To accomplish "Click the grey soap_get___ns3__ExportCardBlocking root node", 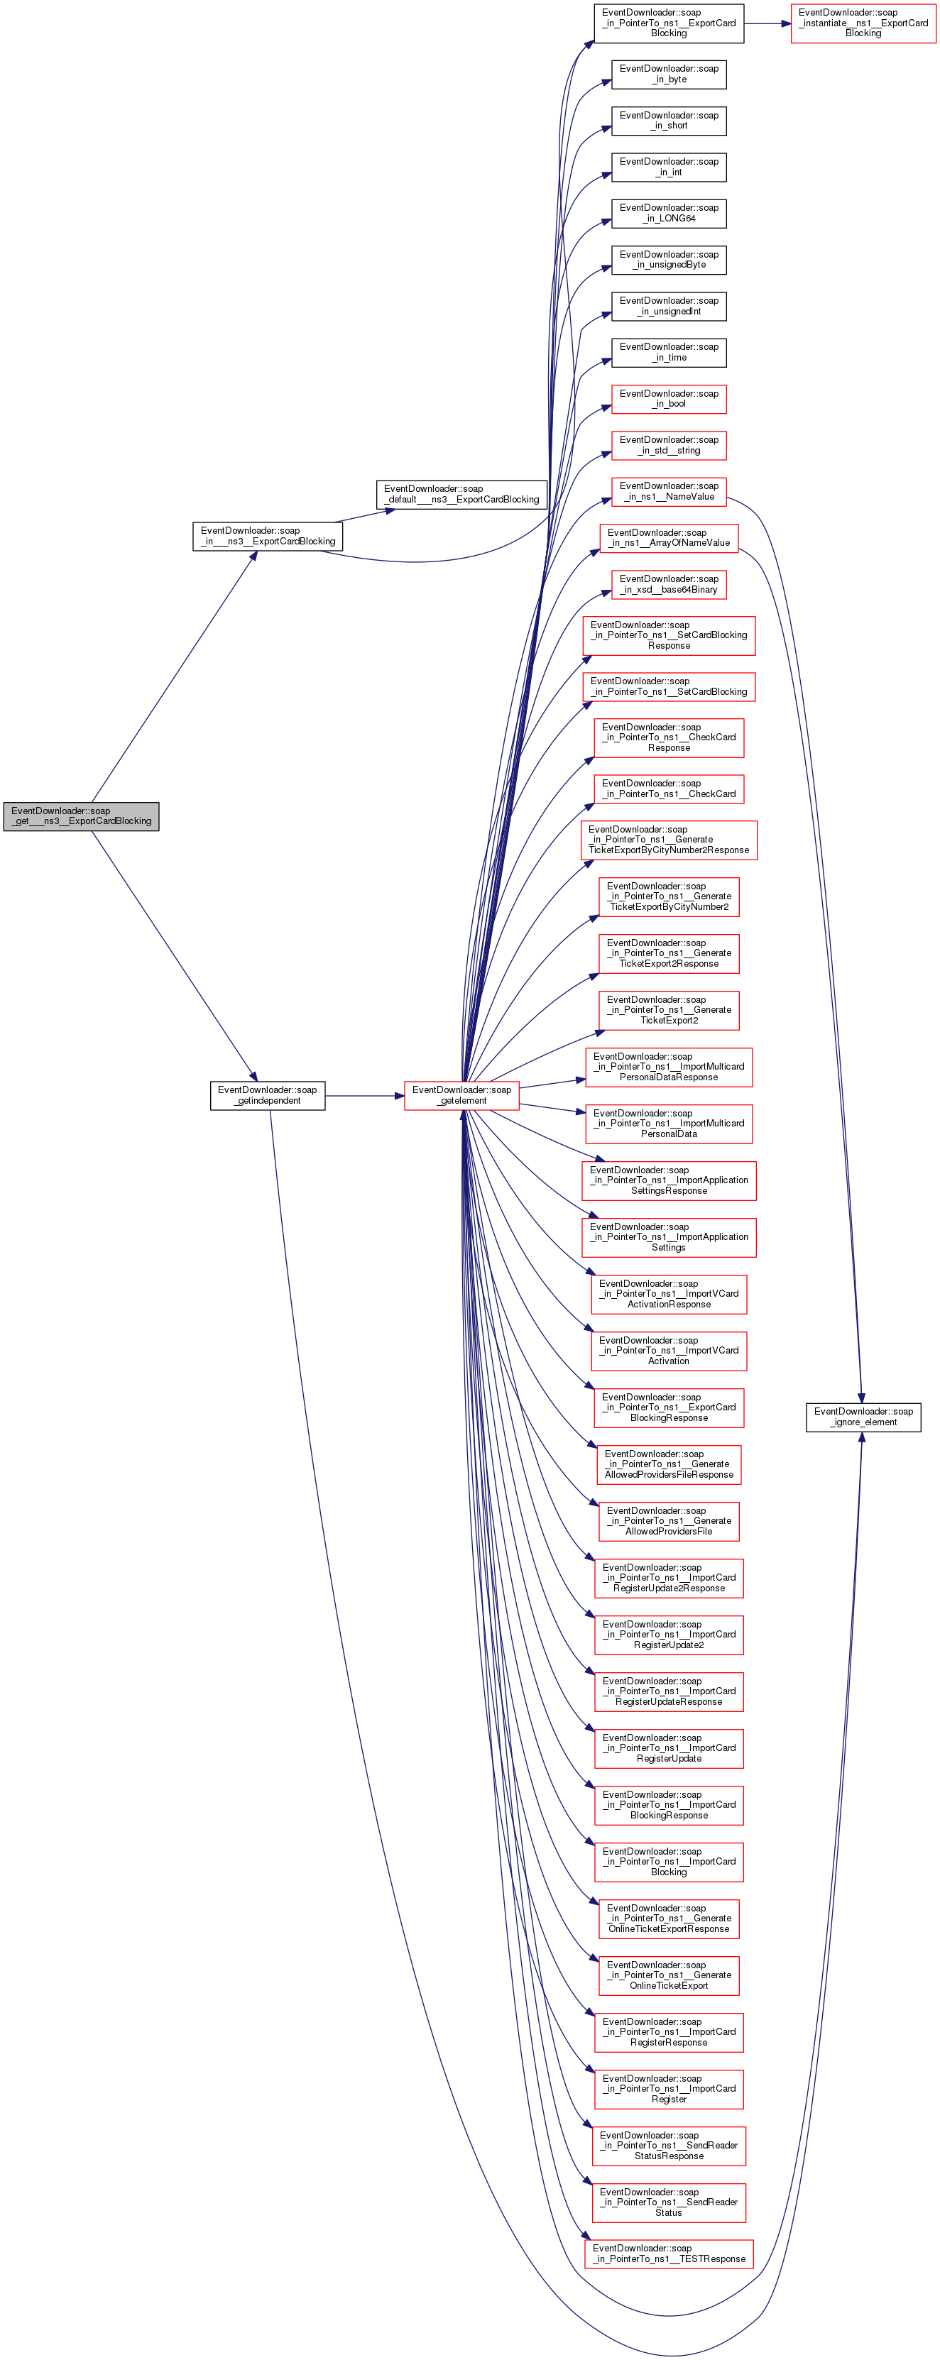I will point(81,816).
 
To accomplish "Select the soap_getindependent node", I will point(267,1096).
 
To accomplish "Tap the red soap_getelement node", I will point(461,1096).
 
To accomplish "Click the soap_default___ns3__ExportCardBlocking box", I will point(461,495).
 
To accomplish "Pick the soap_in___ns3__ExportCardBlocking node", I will point(268,536).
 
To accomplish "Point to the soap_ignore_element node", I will point(863,1417).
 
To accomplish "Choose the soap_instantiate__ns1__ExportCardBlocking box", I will point(863,23).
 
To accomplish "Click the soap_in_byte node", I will point(669,75).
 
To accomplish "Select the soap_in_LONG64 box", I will point(669,214).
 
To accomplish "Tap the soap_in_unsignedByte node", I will point(669,260).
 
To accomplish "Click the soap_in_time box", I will point(669,353).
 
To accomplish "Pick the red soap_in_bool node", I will point(669,400).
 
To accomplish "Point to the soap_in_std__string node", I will point(669,445).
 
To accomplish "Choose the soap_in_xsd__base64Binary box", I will point(669,585).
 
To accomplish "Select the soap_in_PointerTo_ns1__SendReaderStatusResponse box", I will point(669,2146).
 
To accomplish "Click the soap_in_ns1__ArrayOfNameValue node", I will point(669,538).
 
